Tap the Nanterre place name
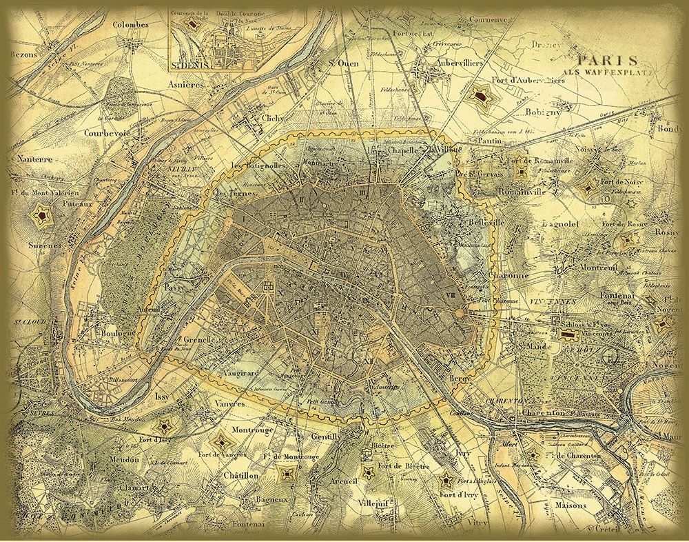(29, 160)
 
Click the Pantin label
(486, 139)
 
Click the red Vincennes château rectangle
(569, 334)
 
